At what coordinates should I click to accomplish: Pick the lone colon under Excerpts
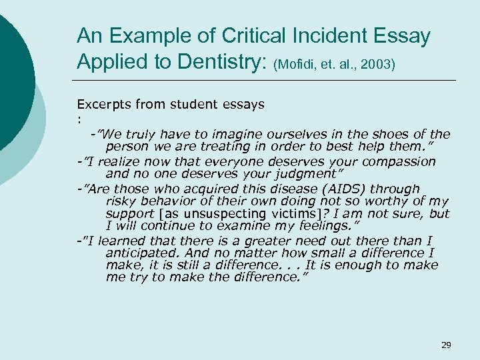point(79,119)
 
